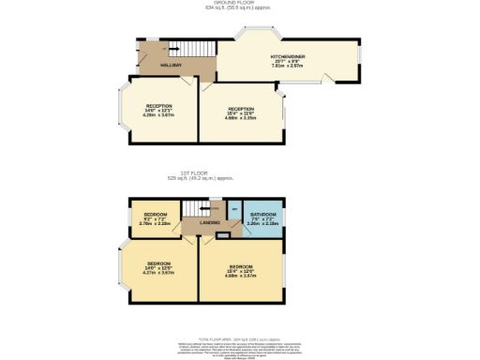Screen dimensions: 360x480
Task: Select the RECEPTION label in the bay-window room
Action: (157, 106)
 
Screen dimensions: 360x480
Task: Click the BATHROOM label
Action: (264, 216)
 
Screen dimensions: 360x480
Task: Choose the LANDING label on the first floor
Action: (210, 222)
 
